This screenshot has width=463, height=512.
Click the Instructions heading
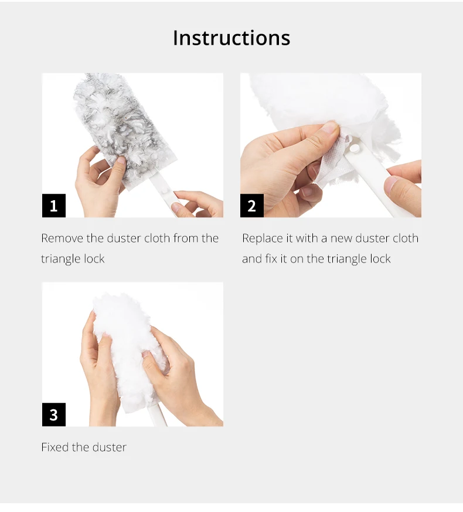(x=231, y=38)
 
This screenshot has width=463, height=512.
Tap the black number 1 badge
(x=54, y=206)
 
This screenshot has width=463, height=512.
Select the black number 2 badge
(x=252, y=206)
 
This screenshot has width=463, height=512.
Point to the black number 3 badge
(x=54, y=415)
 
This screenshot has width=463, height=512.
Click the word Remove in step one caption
(x=62, y=238)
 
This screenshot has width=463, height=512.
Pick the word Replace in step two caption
(x=263, y=238)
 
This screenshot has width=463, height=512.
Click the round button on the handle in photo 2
(x=354, y=149)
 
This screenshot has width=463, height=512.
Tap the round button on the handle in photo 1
(x=165, y=191)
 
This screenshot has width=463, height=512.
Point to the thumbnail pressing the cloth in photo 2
(x=330, y=127)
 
